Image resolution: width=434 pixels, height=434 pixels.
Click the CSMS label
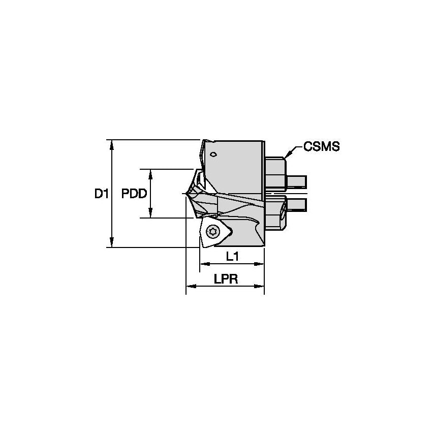coord(321,147)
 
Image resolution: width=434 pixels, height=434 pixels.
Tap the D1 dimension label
coord(102,194)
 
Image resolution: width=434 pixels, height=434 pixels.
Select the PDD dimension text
coord(134,194)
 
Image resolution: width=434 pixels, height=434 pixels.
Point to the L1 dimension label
coord(232,257)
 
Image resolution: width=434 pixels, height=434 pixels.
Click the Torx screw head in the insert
coord(213,232)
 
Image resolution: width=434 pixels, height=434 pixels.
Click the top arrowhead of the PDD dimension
coord(150,173)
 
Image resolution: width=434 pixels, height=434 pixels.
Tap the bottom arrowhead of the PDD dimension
coord(150,214)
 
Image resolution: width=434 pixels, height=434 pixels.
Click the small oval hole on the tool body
coord(214,154)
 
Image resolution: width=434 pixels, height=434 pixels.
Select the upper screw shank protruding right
coord(297,180)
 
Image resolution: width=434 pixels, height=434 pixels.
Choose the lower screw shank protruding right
coord(297,204)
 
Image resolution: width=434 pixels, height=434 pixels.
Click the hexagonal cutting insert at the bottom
coord(215,233)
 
